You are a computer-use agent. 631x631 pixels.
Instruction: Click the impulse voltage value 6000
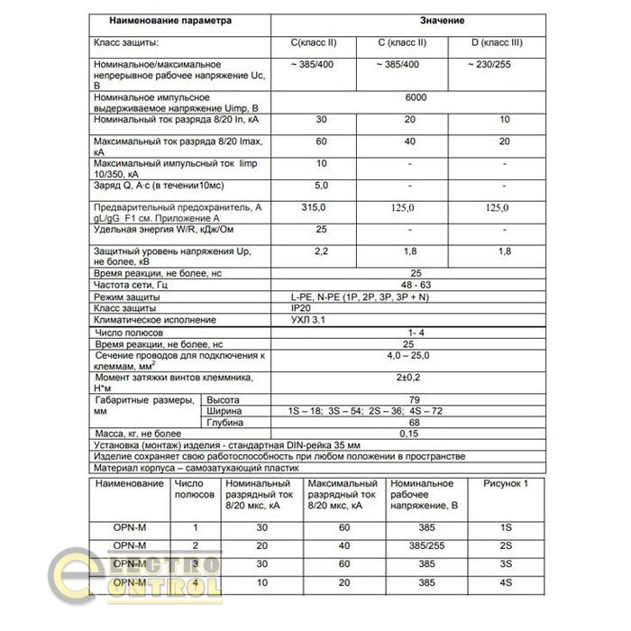[x=416, y=96]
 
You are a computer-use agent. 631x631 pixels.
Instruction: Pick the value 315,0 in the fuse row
[x=312, y=207]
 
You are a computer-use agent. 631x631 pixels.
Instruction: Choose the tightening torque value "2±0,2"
[x=416, y=378]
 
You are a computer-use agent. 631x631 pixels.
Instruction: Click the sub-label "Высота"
[x=222, y=399]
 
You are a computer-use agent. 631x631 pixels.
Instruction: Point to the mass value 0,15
[x=416, y=434]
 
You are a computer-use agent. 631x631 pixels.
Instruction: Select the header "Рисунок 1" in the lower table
[x=508, y=485]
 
